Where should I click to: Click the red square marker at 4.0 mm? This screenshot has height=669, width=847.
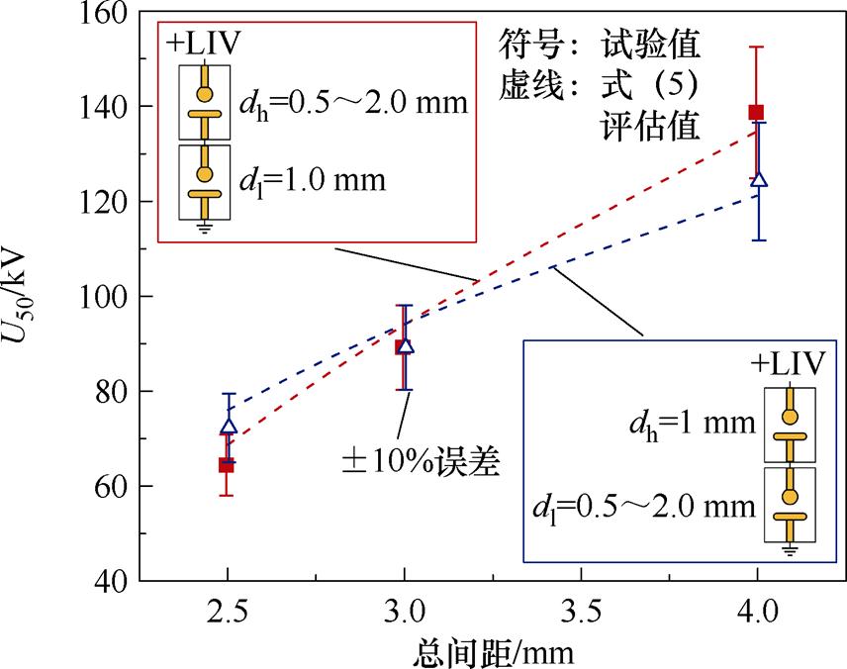pos(756,112)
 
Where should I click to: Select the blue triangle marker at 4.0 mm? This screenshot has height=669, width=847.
pos(759,180)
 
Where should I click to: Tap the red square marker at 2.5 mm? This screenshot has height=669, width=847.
pos(227,464)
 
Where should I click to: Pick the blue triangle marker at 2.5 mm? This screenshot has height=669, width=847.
pos(229,427)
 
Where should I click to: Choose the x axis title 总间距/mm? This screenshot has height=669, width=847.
pos(492,651)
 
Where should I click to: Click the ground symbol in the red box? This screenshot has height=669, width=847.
pos(205,227)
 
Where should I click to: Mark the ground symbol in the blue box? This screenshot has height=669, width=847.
pos(789,549)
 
